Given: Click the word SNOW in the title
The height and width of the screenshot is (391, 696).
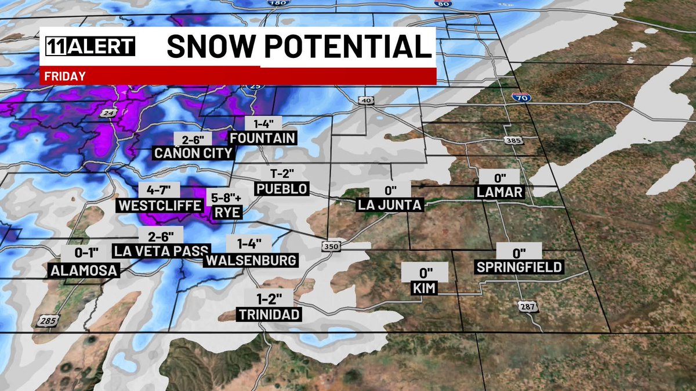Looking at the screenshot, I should (218, 46).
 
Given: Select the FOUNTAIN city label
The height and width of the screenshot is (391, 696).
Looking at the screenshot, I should (263, 138).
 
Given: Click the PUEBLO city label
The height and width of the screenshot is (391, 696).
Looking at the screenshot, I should (282, 189).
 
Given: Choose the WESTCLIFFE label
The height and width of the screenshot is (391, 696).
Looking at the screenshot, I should (159, 205).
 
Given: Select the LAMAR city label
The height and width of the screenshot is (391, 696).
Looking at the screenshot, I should (500, 192).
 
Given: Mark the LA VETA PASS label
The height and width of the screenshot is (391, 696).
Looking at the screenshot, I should (161, 251).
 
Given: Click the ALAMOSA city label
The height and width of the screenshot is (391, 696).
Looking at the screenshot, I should (84, 270).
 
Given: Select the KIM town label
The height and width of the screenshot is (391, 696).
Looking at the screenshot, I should (426, 288).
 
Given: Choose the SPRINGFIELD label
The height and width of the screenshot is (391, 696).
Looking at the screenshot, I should (519, 267).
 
